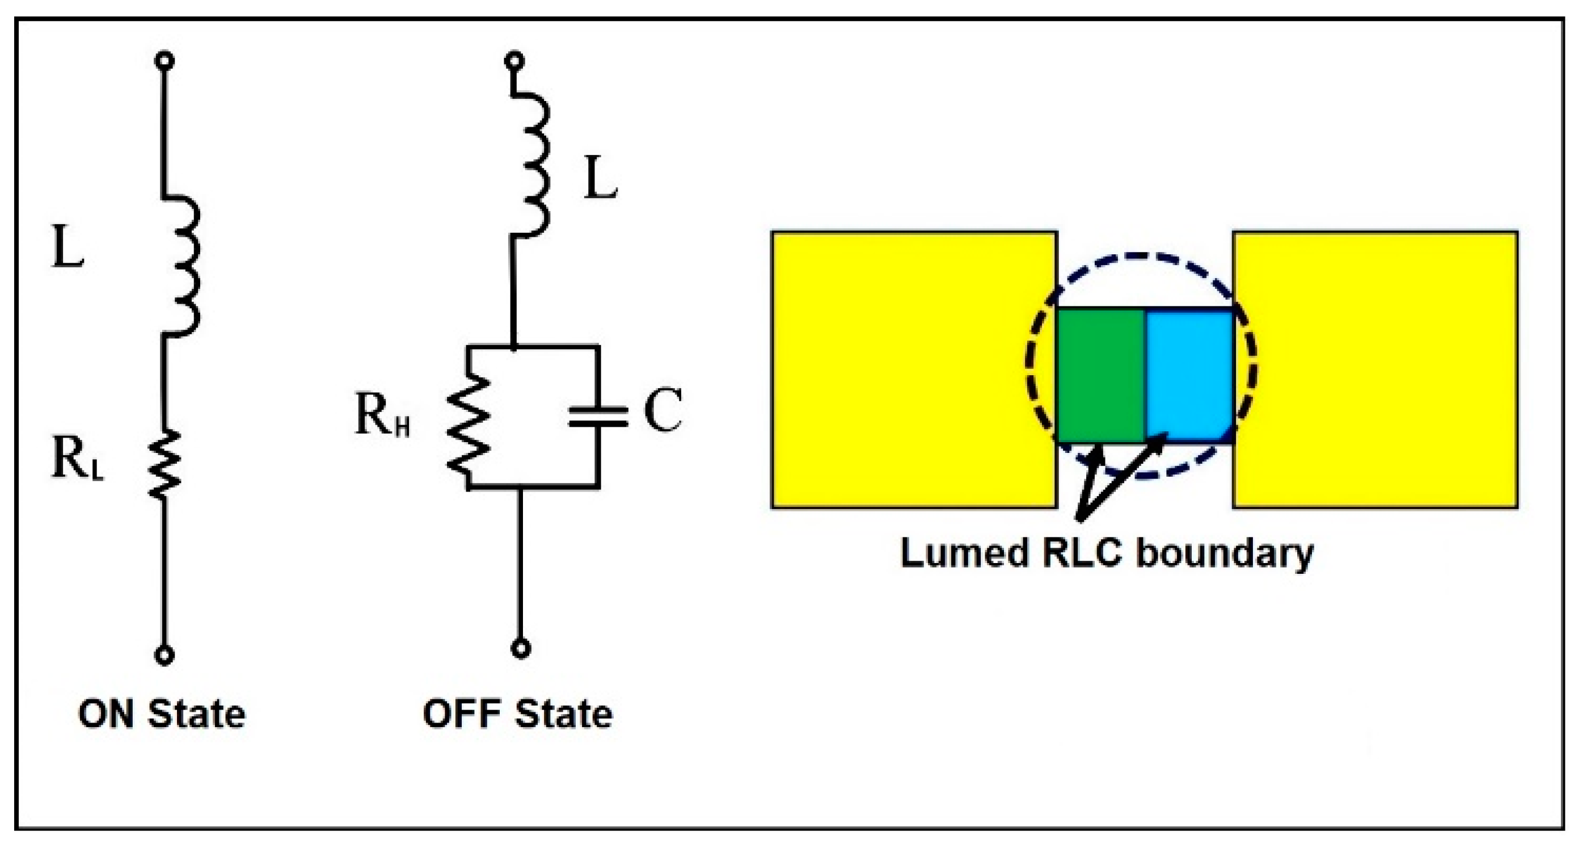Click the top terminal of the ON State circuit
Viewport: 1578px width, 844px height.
[x=164, y=61]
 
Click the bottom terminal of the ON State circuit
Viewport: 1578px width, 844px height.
[x=164, y=655]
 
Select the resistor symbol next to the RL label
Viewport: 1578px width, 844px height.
[x=164, y=464]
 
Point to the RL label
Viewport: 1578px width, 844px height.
[x=77, y=460]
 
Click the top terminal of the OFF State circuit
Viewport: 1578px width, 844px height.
[x=514, y=61]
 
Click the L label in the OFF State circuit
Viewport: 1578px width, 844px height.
[x=599, y=178]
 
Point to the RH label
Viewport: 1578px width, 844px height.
[x=382, y=415]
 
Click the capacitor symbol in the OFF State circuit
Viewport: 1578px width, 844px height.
[x=598, y=417]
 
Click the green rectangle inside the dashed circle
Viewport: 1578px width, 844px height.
[x=1101, y=375]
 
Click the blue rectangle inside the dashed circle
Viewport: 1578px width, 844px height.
[x=1189, y=375]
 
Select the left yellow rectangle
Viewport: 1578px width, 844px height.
[x=913, y=369]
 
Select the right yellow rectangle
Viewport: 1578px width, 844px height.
[x=1376, y=369]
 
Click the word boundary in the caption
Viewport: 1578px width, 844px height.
[x=1225, y=553]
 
